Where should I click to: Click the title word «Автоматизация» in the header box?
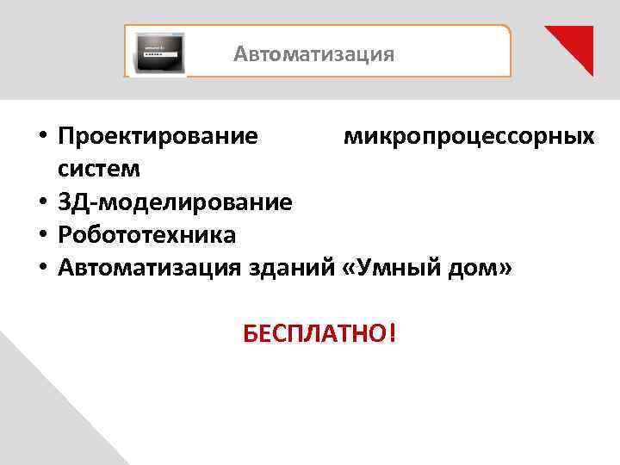click(x=314, y=55)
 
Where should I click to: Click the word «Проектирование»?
click(x=158, y=136)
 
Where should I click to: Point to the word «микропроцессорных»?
click(x=468, y=136)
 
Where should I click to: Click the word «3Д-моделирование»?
click(x=176, y=202)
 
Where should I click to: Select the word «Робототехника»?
click(x=147, y=235)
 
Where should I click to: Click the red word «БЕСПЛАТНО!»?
click(x=319, y=332)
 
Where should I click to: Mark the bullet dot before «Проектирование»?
click(x=41, y=138)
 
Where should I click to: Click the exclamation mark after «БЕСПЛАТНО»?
click(x=393, y=331)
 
